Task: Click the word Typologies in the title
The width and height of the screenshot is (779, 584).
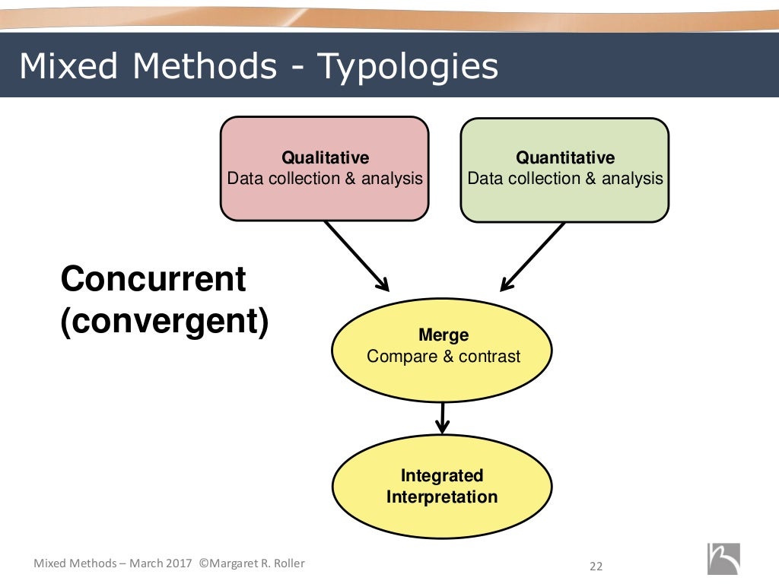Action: [x=407, y=67]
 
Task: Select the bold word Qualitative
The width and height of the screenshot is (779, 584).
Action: [x=325, y=157]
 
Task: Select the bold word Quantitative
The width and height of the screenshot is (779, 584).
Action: [x=565, y=157]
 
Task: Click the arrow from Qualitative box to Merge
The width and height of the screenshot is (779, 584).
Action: [x=355, y=255]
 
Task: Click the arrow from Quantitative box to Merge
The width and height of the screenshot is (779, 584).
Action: [x=533, y=255]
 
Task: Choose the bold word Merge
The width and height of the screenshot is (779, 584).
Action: [x=444, y=335]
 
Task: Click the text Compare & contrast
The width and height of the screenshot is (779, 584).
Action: [x=444, y=356]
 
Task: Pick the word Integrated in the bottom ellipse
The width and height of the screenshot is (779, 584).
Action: [x=442, y=475]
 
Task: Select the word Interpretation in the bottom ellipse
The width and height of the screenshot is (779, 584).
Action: [x=442, y=497]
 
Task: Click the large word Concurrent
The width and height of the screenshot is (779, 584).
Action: [x=153, y=279]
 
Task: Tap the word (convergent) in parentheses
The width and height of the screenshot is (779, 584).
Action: [x=164, y=322]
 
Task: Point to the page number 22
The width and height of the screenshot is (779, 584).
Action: [x=596, y=566]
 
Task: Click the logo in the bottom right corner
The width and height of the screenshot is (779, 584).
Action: [x=723, y=559]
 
